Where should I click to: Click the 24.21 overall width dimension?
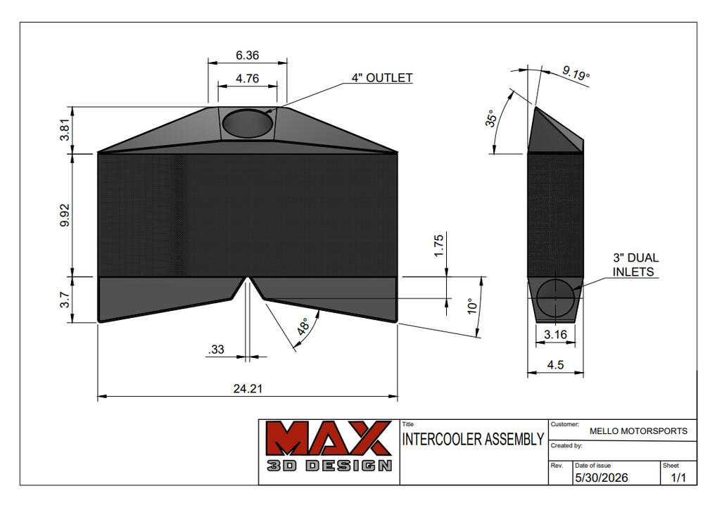(248, 388)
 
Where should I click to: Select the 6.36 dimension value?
(248, 56)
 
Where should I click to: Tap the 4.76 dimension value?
(248, 79)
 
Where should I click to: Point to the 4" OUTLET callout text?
(382, 77)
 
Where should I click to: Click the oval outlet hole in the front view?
(248, 123)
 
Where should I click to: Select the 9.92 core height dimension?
(65, 215)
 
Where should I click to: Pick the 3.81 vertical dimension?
(65, 130)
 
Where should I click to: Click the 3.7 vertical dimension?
(65, 300)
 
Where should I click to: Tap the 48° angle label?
(303, 326)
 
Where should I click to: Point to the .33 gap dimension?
(216, 350)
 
